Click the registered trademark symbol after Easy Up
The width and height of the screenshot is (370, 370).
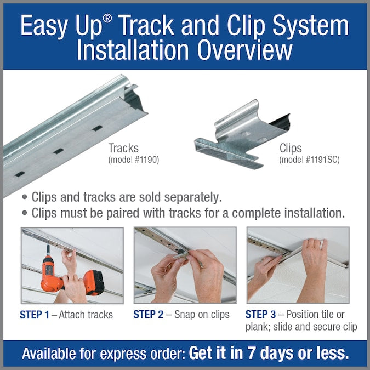(107, 18)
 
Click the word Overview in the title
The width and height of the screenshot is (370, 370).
(244, 50)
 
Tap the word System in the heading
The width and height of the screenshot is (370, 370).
(311, 25)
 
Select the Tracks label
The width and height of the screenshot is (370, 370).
(123, 148)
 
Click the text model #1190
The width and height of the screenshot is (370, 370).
(134, 160)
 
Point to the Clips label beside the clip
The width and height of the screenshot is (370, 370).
(291, 148)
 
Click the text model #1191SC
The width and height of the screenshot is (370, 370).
(309, 160)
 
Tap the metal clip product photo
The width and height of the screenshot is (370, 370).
(242, 135)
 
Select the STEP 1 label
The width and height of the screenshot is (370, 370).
(35, 315)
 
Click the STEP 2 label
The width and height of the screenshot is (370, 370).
(148, 315)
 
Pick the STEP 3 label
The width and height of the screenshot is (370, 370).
(260, 315)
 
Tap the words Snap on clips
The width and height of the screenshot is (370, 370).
(202, 315)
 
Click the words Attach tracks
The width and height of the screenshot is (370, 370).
(86, 315)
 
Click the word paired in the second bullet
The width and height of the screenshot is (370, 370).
(122, 213)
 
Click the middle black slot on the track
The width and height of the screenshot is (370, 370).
(59, 151)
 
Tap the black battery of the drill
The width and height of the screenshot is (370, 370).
(95, 282)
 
